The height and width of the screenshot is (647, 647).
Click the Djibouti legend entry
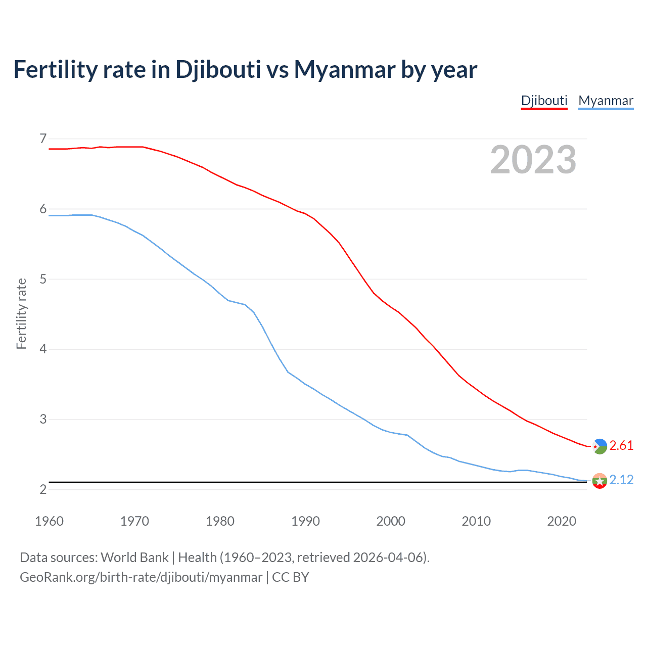pyautogui.click(x=544, y=101)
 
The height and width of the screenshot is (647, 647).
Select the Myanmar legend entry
pyautogui.click(x=606, y=101)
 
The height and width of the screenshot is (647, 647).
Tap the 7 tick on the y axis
pyautogui.click(x=43, y=138)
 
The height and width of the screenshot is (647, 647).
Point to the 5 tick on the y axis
pyautogui.click(x=43, y=279)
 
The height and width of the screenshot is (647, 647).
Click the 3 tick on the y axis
pyautogui.click(x=43, y=419)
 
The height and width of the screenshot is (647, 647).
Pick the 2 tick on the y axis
pyautogui.click(x=43, y=489)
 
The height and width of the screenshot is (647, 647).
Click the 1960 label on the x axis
pyautogui.click(x=49, y=521)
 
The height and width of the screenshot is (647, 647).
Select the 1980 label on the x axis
pyautogui.click(x=220, y=521)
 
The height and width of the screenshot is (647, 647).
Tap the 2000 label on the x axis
pyautogui.click(x=391, y=521)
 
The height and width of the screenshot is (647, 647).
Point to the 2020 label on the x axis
pyautogui.click(x=562, y=521)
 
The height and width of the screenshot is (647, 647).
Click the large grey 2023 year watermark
pyautogui.click(x=533, y=160)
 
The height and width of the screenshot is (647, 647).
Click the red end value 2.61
pyautogui.click(x=621, y=445)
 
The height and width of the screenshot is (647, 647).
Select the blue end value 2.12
pyautogui.click(x=621, y=480)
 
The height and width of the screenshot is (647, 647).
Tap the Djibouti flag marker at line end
pyautogui.click(x=599, y=446)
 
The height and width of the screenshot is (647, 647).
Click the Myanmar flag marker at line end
pyautogui.click(x=599, y=481)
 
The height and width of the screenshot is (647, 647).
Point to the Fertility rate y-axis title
pyautogui.click(x=21, y=313)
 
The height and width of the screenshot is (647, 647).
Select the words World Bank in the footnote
pyautogui.click(x=134, y=557)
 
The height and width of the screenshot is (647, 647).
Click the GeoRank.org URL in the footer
pyautogui.click(x=141, y=577)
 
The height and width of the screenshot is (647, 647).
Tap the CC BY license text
pyautogui.click(x=291, y=577)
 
